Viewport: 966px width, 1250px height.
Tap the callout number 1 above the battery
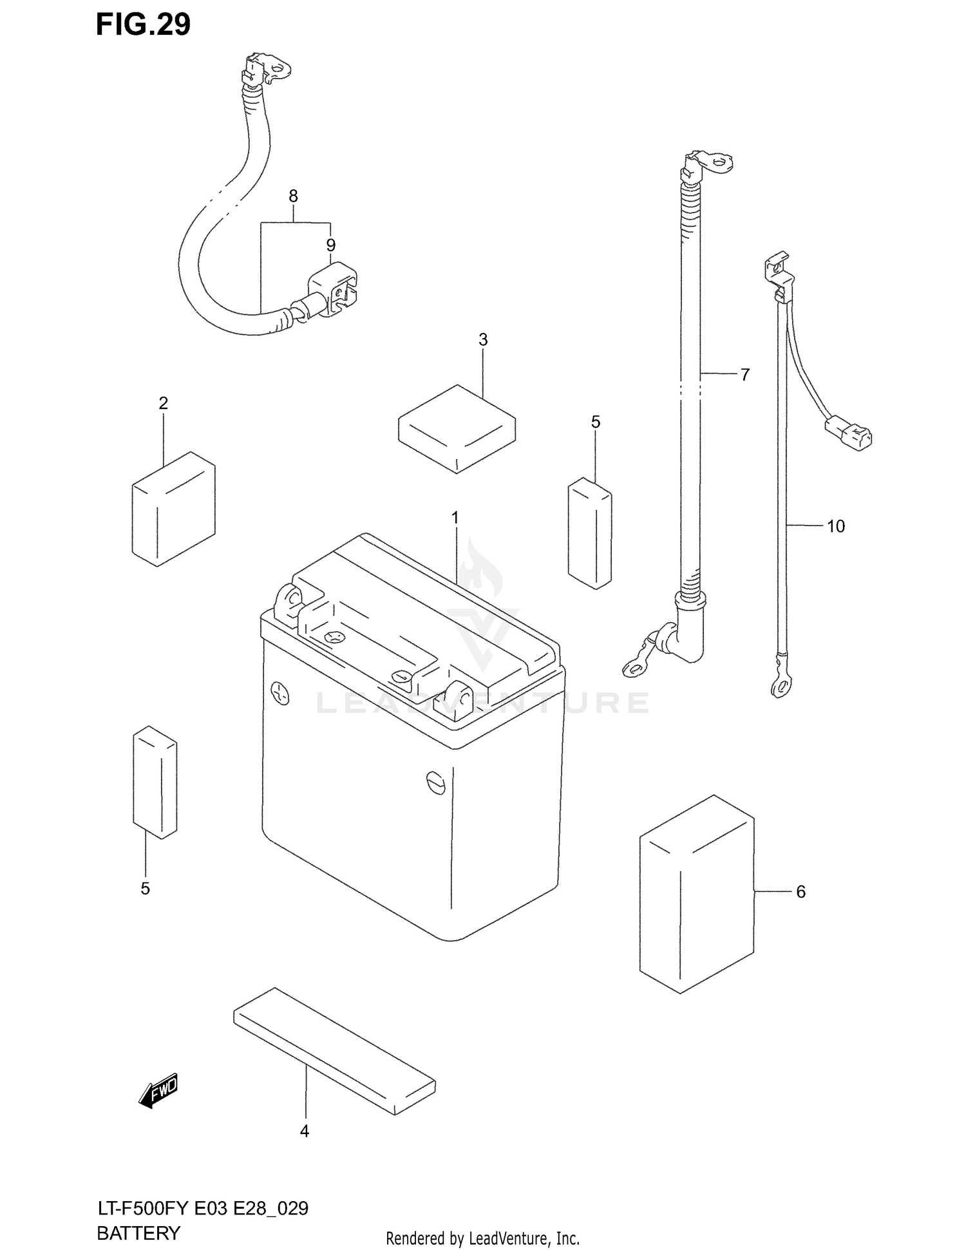coord(455,518)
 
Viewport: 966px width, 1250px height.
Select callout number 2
coord(163,403)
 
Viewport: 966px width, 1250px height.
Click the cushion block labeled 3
coord(457,429)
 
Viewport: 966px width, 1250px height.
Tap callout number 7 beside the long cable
coord(745,374)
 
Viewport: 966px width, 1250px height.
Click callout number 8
coord(293,196)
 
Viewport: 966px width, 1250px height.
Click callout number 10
coord(835,526)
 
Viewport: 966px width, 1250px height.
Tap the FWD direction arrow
coord(158,1091)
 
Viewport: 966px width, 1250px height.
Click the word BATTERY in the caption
coord(138,1233)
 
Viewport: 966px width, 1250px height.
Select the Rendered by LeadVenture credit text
coord(482,1238)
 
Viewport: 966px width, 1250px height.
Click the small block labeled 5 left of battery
coord(155,783)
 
